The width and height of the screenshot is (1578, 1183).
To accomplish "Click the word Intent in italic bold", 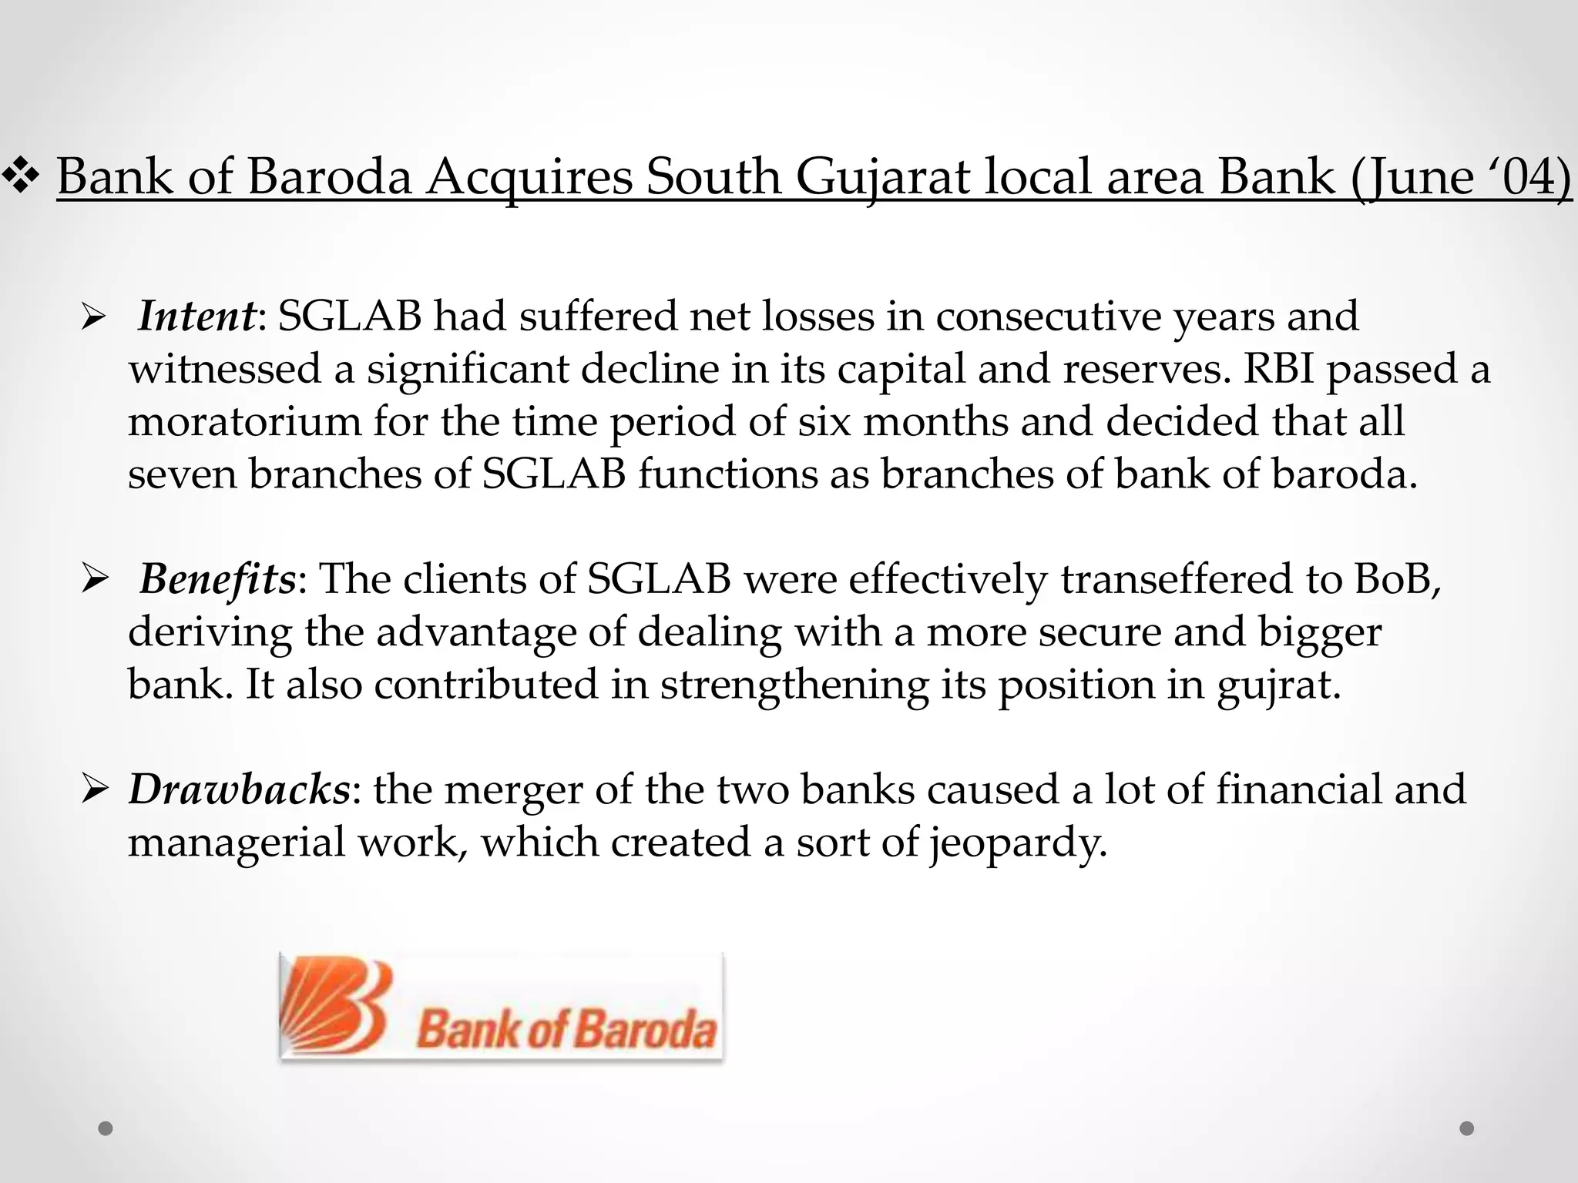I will (196, 317).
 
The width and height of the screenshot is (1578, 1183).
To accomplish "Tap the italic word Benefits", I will (217, 579).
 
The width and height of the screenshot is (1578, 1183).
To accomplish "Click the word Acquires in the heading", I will (529, 177).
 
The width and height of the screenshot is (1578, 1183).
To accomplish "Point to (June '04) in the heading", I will (1460, 177).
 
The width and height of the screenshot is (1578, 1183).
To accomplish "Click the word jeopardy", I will (1017, 843).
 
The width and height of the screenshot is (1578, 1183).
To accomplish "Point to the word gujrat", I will (1278, 685).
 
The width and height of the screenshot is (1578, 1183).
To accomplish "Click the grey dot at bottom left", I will (106, 1128).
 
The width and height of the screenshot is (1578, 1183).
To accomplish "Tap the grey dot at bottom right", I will (1467, 1128).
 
